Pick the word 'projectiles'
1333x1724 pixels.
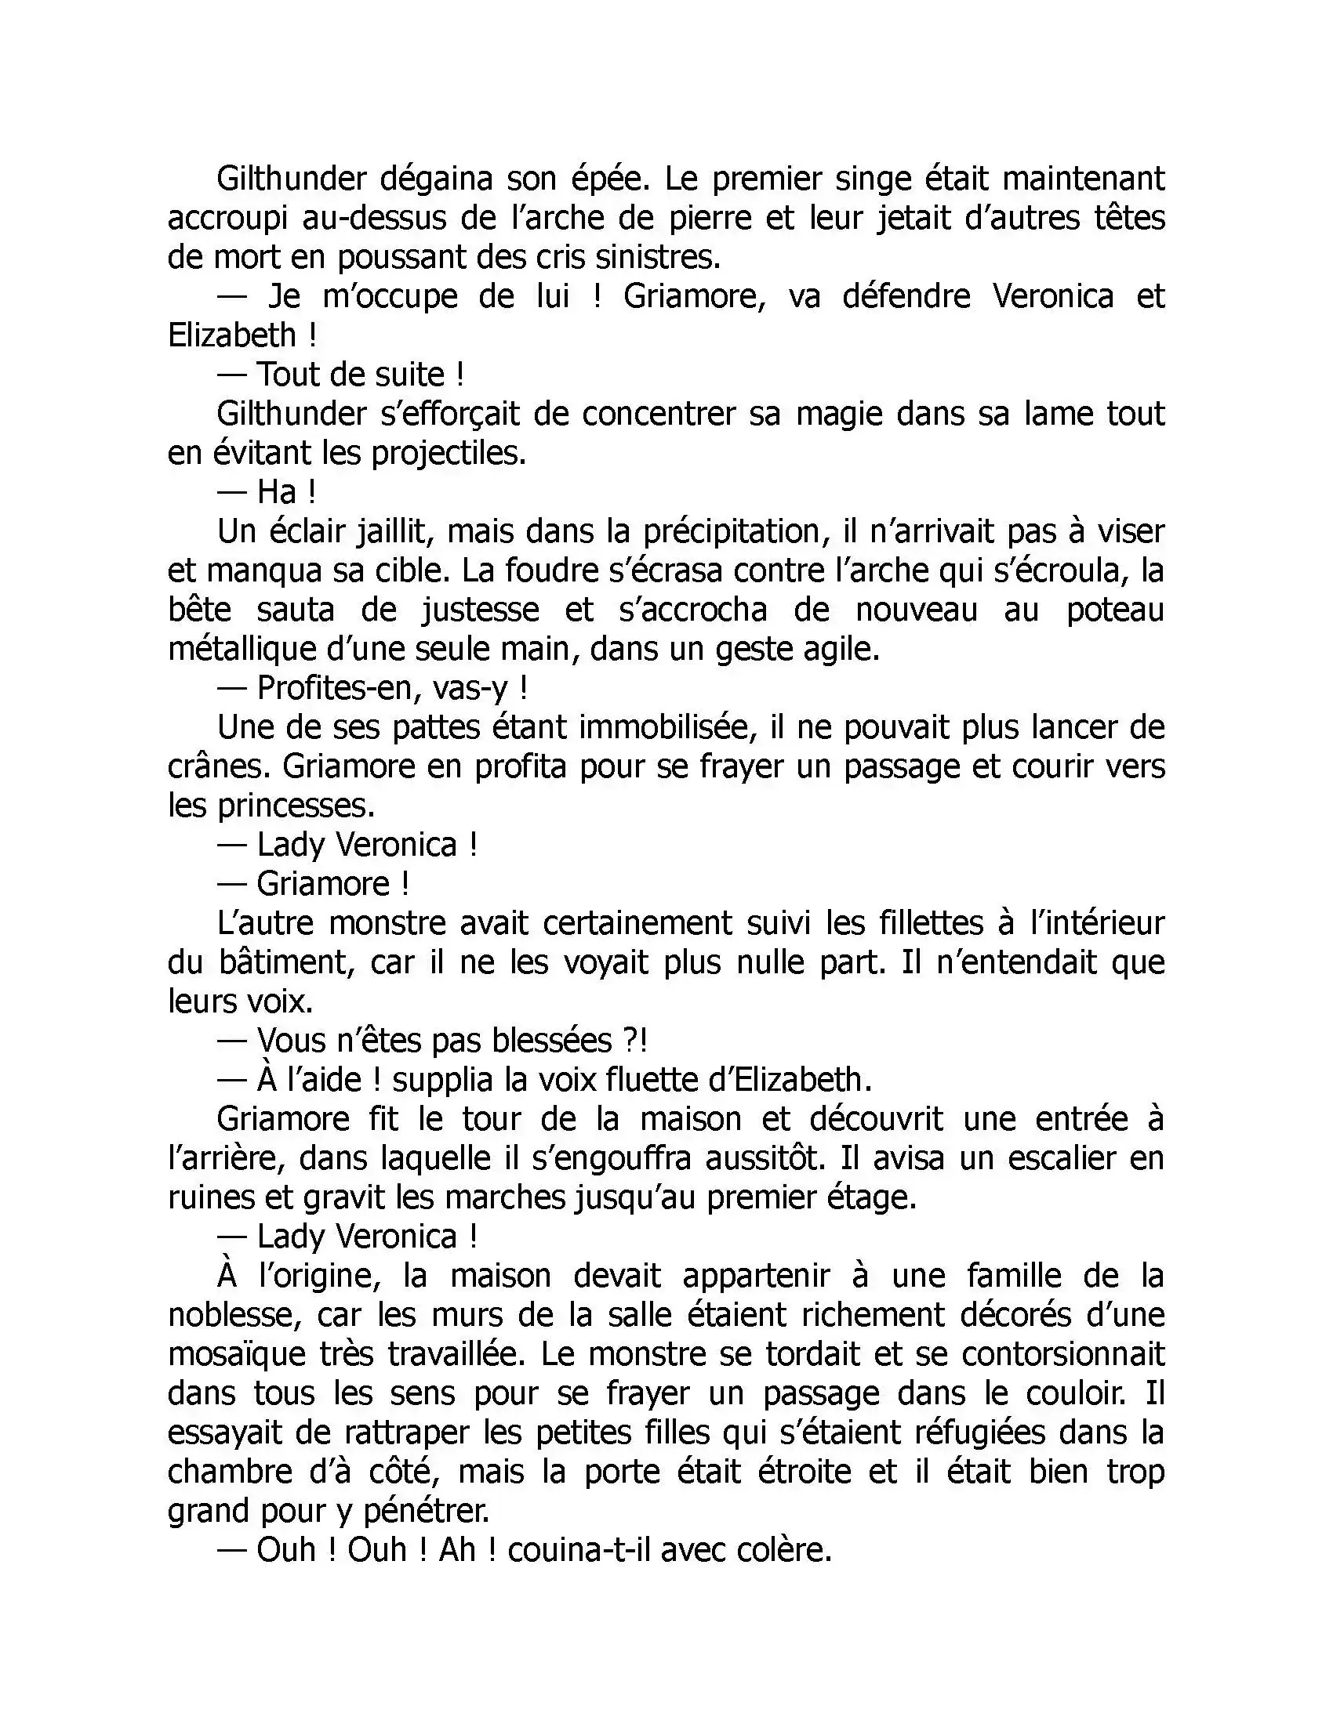click(x=447, y=453)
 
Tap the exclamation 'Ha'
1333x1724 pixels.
click(x=276, y=493)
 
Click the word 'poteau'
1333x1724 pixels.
click(x=1115, y=610)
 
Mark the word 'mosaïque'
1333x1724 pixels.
click(x=237, y=1356)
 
